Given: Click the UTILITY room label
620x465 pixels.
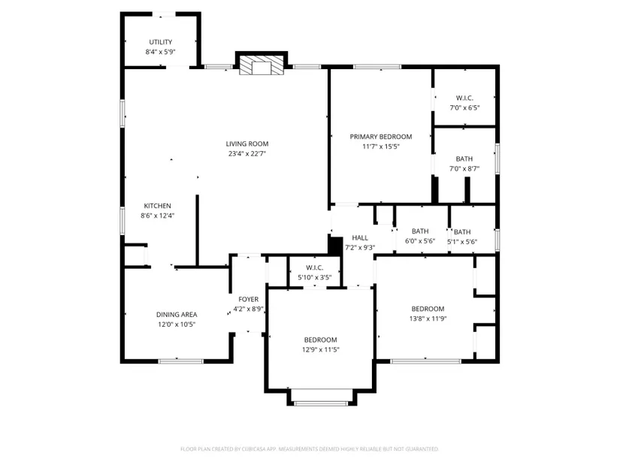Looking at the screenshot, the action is [x=161, y=42].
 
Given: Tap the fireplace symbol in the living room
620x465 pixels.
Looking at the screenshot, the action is [x=262, y=64].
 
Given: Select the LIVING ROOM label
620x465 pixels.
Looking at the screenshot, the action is [x=247, y=144].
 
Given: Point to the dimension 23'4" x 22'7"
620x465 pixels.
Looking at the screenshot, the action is [x=247, y=154].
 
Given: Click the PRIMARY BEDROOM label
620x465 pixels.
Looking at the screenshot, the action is [x=381, y=137].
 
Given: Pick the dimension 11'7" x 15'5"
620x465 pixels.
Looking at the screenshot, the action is [x=381, y=146].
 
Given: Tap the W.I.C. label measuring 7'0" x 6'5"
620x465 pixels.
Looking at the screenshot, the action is [x=464, y=98].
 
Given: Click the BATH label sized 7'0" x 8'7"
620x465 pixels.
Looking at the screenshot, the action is [x=464, y=159].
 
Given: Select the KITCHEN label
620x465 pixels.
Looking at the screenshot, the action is [x=157, y=206].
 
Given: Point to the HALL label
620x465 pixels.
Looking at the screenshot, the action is [x=360, y=237].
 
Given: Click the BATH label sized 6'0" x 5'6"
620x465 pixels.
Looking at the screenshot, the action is [x=420, y=231].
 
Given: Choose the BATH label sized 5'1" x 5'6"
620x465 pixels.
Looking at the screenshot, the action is [x=462, y=232].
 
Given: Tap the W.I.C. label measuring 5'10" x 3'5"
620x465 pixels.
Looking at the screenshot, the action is [x=314, y=267].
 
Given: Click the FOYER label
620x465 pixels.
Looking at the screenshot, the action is [x=248, y=299].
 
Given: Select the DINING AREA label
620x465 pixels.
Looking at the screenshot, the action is [x=177, y=315].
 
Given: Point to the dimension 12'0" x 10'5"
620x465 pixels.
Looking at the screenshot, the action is [x=177, y=325].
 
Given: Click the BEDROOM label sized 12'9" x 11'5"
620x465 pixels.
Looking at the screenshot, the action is [x=320, y=340].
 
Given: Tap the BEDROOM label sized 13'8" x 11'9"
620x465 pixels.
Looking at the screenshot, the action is [x=428, y=309].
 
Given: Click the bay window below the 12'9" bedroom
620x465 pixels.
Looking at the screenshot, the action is [x=321, y=403].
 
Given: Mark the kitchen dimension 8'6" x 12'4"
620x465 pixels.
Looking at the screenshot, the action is [x=157, y=216].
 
